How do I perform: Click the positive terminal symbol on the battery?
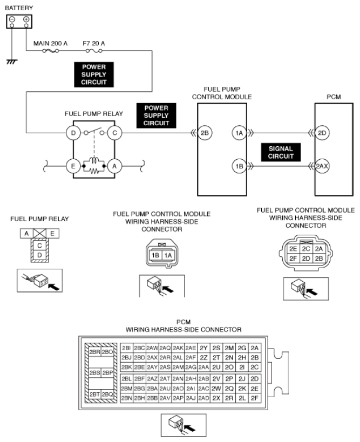point(26,19)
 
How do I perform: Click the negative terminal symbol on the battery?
point(12,19)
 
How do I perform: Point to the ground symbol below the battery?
point(12,61)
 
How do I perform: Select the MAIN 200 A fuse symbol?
point(50,51)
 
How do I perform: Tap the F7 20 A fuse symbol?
point(94,51)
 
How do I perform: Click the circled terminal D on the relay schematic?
point(73,133)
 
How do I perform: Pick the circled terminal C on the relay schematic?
point(114,133)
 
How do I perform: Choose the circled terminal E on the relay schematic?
point(73,166)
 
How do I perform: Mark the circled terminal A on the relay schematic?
point(114,166)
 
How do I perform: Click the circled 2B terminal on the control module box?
point(205,133)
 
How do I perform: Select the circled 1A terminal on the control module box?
point(239,133)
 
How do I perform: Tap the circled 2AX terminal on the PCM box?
point(322,166)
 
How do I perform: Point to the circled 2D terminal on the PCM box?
point(322,133)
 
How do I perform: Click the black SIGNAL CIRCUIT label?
point(281,152)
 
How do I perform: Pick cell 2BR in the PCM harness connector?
point(94,352)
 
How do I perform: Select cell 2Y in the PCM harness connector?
point(203,348)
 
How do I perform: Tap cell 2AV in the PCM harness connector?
point(165,398)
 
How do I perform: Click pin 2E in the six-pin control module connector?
point(293,249)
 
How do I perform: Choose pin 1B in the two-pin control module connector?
point(155,255)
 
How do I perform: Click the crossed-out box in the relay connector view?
point(39,233)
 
